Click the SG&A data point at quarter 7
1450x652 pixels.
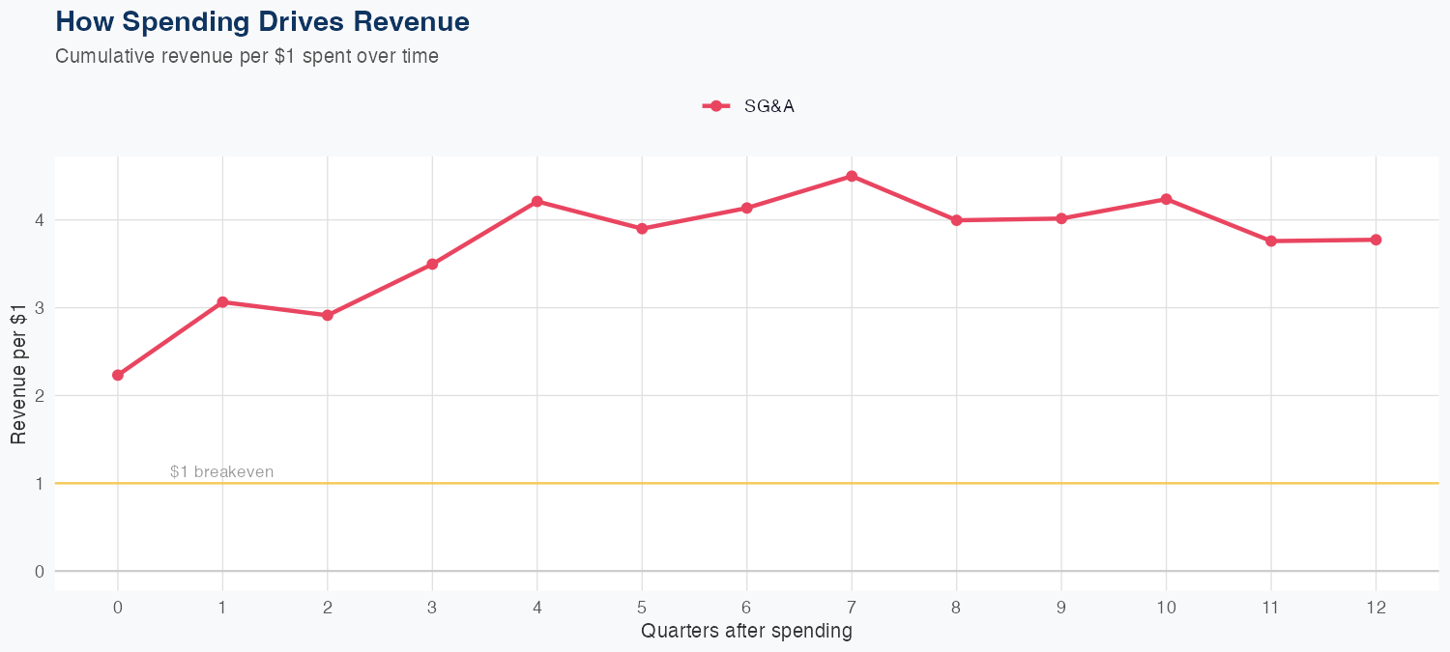852,176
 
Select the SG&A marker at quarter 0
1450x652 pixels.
118,375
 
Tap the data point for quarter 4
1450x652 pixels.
536,201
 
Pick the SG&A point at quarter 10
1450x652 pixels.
1166,199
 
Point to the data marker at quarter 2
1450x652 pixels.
328,315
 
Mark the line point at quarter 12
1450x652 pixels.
1376,240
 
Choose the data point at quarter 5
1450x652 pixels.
642,229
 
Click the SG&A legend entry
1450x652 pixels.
749,106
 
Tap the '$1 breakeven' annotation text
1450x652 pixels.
221,472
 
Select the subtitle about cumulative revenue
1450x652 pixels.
246,56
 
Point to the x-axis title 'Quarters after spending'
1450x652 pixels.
746,632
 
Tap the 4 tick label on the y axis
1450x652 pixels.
39,220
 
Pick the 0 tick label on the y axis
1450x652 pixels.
39,571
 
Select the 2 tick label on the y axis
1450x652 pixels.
39,396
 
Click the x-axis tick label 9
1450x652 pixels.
1061,608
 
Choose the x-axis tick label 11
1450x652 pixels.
1270,608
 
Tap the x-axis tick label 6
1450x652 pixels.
746,608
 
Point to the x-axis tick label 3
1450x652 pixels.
432,608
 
